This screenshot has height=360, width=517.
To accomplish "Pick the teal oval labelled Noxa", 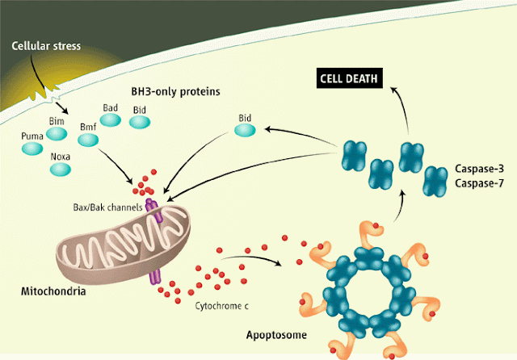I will point(61,170).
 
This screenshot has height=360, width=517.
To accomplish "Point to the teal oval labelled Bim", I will point(57,131).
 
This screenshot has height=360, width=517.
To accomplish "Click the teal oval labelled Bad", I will point(111,119).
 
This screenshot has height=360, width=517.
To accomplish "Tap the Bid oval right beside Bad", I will point(140,121).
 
